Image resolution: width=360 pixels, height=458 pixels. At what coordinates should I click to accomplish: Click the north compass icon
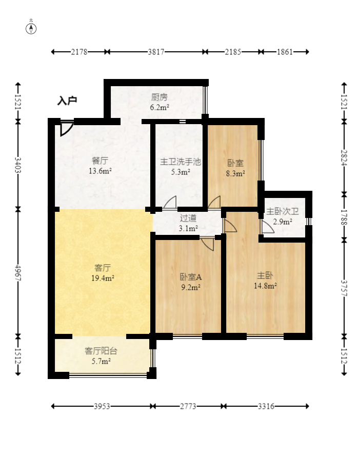click(31, 29)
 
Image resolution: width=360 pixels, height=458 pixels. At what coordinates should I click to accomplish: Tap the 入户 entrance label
click(67, 101)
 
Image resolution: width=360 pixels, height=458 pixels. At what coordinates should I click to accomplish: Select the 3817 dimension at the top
click(156, 52)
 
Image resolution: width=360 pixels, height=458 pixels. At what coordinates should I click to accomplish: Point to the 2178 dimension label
click(79, 52)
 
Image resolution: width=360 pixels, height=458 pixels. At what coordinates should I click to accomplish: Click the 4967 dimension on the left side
click(18, 273)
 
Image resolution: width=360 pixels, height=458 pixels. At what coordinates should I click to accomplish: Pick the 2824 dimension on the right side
click(344, 158)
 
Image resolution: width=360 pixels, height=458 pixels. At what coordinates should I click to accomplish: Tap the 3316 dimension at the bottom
click(266, 406)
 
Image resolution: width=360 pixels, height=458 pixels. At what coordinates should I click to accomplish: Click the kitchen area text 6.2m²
click(159, 108)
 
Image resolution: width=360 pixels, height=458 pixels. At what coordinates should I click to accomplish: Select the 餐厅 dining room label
click(100, 161)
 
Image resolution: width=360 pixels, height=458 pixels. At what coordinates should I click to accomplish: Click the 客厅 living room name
click(103, 268)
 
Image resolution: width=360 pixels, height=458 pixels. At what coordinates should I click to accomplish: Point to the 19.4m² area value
click(103, 278)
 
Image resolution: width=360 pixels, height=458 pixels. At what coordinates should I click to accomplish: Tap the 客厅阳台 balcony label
click(101, 351)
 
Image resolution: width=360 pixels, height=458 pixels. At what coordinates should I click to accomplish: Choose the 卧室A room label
click(191, 277)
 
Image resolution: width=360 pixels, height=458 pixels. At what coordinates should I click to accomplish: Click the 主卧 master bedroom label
click(265, 275)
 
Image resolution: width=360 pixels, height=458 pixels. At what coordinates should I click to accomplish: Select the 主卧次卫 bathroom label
click(283, 211)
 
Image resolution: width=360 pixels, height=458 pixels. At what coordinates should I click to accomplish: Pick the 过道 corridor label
click(188, 218)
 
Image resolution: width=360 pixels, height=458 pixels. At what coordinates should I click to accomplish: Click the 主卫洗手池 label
click(181, 162)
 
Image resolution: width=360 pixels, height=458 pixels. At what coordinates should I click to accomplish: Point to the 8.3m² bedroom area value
click(235, 173)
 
